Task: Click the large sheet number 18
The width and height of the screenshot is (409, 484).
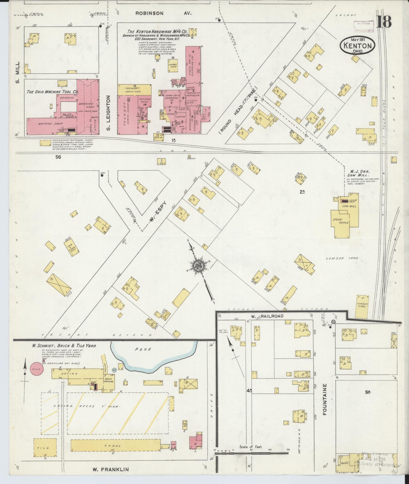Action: pos(384,22)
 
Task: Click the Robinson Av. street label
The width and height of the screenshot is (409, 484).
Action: pos(163,13)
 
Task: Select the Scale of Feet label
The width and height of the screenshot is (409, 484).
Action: pos(251,447)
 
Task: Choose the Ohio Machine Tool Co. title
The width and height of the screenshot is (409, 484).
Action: pos(53,92)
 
